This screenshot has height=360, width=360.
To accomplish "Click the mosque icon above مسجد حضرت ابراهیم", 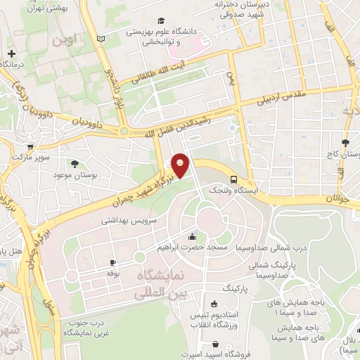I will (192, 236).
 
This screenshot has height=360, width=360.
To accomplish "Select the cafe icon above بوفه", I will (111, 262).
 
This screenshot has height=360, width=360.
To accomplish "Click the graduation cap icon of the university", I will (162, 22).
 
